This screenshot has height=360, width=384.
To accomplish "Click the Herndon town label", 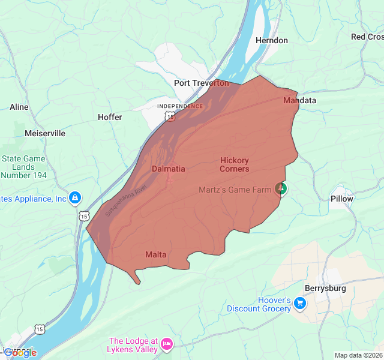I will click(271, 40).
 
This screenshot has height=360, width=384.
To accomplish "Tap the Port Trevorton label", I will click(202, 83).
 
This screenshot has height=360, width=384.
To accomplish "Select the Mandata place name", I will click(299, 100).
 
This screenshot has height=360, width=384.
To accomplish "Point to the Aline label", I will click(19, 107).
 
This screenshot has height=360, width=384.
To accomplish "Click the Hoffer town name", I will click(110, 117).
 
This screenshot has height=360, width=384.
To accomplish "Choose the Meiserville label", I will click(45, 133).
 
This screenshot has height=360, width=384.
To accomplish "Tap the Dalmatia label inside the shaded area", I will click(168, 169).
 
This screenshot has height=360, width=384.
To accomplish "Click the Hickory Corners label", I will click(234, 164).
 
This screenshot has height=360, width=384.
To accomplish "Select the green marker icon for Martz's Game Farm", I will click(281, 189).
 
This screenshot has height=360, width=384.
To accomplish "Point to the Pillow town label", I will click(342, 199).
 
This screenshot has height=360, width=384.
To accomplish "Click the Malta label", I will click(155, 254).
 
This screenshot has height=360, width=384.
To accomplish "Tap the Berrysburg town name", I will click(325, 288).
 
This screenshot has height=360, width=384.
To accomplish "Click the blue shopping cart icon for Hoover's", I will click(300, 304).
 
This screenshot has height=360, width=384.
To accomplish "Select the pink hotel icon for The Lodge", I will click(167, 344).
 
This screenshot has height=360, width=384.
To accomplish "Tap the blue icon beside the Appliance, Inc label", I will click(74, 197).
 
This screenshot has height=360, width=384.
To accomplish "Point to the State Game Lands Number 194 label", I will click(23, 167).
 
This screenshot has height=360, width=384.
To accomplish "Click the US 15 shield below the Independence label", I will click(171, 117).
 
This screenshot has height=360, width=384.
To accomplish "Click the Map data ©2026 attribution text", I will click(358, 355).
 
